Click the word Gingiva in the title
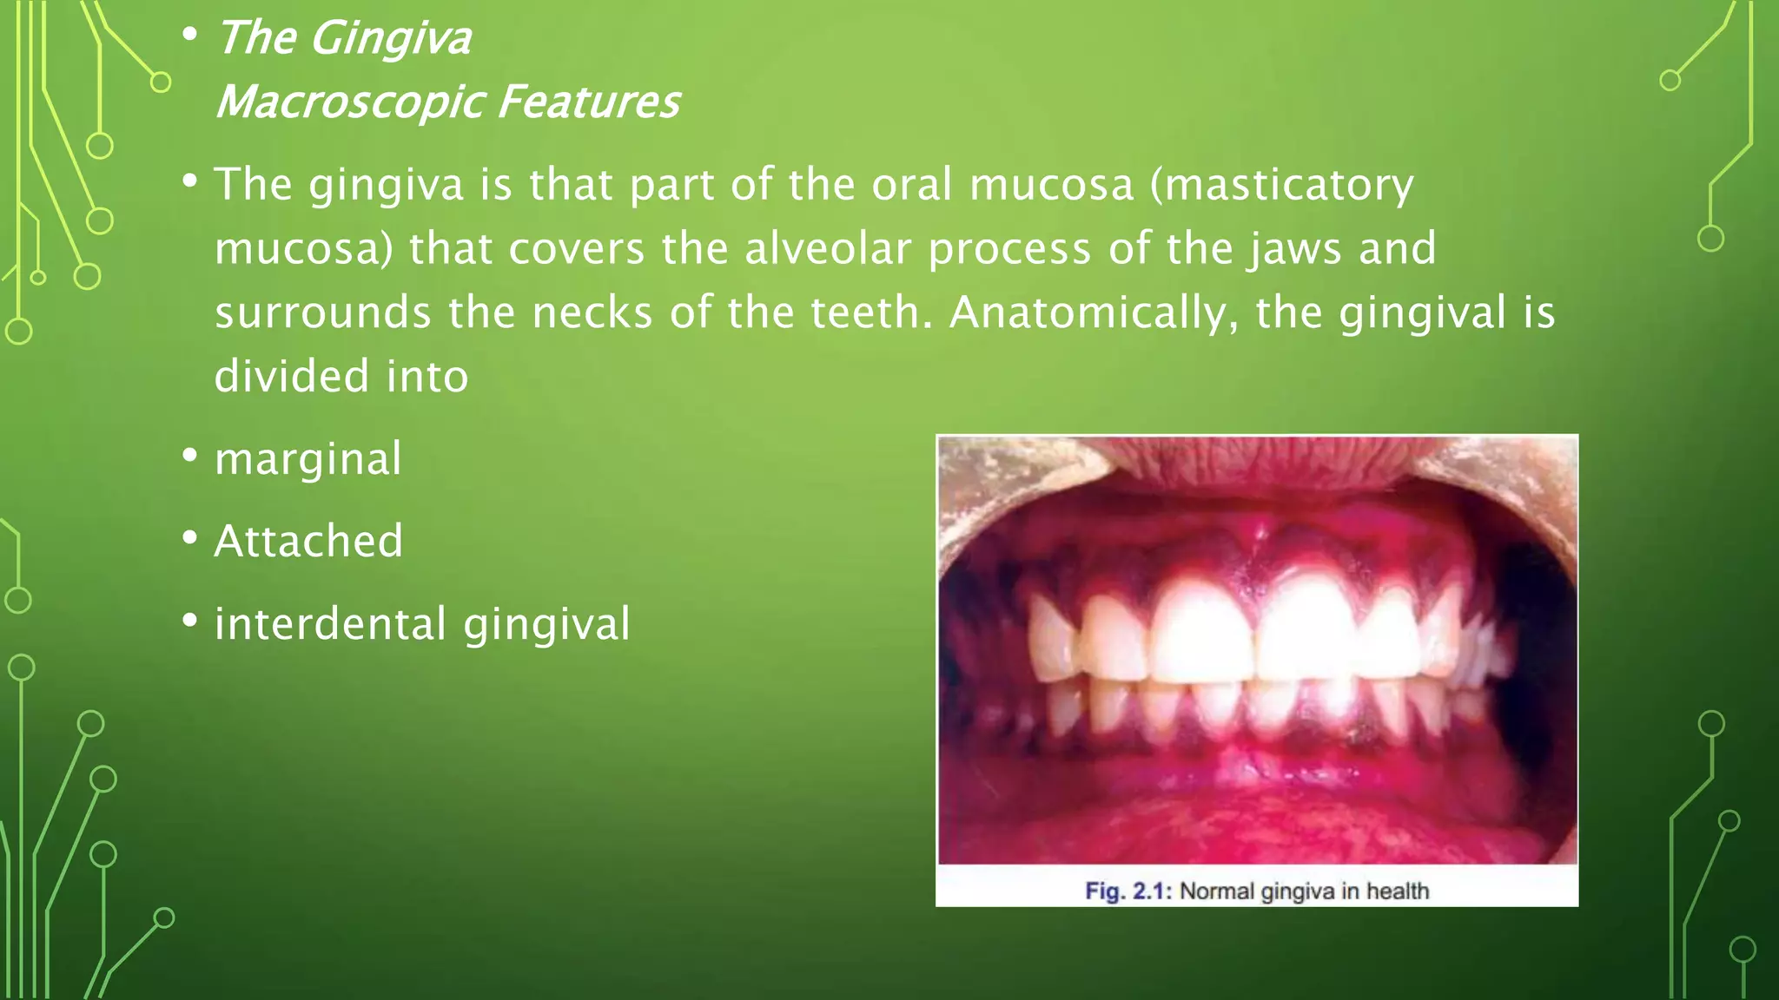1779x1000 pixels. [x=390, y=39]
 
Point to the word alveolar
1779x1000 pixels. [x=829, y=249]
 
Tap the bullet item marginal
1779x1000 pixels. [x=308, y=459]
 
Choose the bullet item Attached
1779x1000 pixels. [x=308, y=541]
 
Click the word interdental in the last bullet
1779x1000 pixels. [x=331, y=624]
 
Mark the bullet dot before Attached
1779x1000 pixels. [x=190, y=539]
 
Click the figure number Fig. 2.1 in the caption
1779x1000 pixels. [x=1128, y=891]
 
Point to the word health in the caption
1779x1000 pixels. [x=1397, y=891]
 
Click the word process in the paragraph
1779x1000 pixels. [x=1009, y=249]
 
